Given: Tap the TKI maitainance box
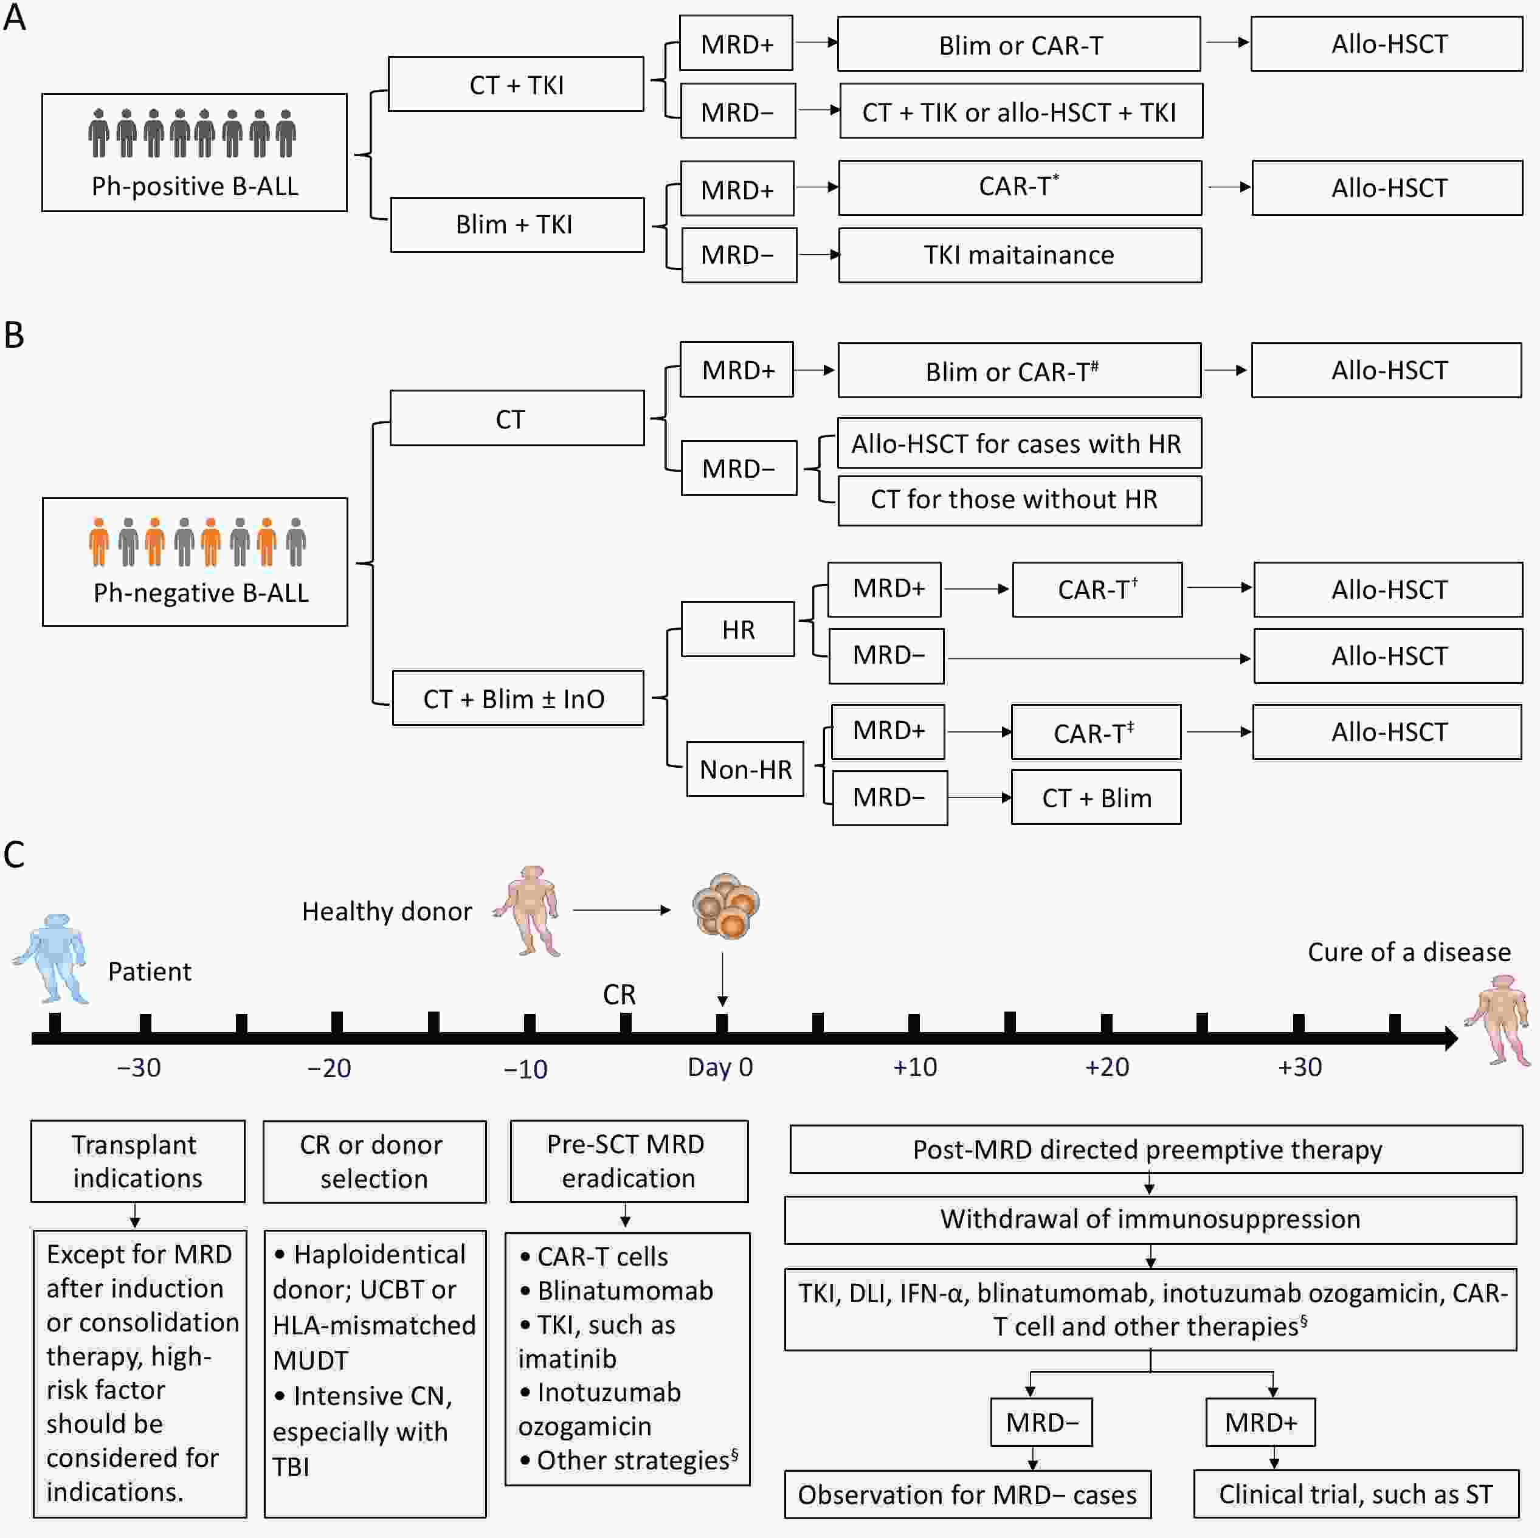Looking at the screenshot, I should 1020,255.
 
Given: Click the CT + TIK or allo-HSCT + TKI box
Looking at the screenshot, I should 1020,112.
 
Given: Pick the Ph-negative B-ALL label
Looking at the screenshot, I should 201,593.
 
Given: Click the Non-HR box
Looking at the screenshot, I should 745,769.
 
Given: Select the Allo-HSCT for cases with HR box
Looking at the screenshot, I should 1019,443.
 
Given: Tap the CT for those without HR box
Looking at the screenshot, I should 1019,500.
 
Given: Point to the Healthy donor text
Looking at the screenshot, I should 387,911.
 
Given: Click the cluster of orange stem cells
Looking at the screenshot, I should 725,906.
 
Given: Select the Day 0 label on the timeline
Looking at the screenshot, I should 720,1067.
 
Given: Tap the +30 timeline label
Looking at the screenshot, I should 1299,1067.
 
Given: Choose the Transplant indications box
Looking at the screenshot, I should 137,1161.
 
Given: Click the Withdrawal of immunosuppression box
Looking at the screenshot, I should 1150,1219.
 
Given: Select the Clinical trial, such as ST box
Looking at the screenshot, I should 1355,1494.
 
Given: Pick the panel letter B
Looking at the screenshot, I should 15,336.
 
